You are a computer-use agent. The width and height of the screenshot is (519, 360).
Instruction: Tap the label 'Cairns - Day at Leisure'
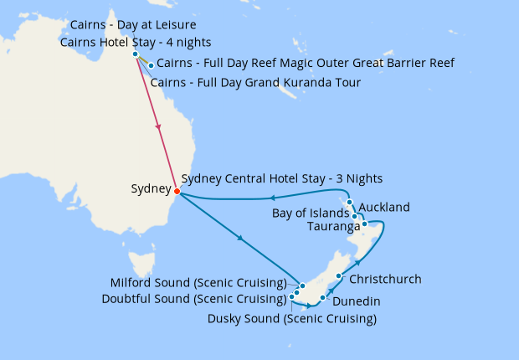click(134, 25)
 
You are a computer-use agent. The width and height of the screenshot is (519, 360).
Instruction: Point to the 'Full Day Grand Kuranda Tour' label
click(255, 83)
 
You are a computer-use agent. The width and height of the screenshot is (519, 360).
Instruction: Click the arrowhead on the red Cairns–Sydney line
click(158, 128)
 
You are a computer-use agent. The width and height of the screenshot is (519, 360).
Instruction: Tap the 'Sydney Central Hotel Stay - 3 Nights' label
click(281, 178)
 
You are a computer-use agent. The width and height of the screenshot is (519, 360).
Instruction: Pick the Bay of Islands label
click(311, 213)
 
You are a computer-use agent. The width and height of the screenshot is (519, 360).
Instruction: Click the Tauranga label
click(332, 226)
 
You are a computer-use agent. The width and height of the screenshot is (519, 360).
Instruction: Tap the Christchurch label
click(385, 279)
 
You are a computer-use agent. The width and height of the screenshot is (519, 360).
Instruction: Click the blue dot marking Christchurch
click(338, 276)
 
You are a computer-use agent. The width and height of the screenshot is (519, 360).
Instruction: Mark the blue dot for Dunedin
click(322, 297)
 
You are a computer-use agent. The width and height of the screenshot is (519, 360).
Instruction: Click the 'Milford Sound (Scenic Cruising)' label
click(198, 282)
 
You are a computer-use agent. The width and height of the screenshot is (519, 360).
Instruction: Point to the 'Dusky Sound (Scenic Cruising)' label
click(291, 319)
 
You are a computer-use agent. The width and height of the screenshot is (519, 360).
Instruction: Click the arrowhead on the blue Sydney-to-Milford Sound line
click(242, 239)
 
